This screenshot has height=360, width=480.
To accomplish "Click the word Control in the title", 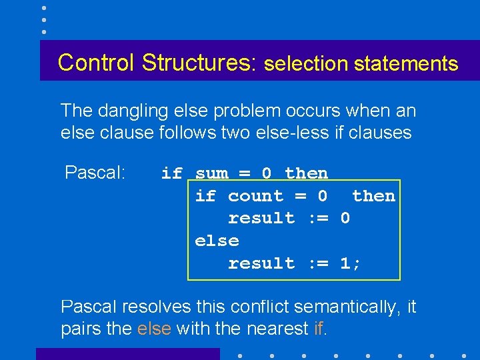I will (x=96, y=62).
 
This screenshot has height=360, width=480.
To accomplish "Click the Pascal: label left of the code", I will (x=95, y=173).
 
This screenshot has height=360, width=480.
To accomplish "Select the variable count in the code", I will (x=255, y=196).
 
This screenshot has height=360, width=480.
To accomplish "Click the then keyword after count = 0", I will (x=373, y=196).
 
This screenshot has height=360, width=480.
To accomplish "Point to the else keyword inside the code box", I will (x=217, y=241).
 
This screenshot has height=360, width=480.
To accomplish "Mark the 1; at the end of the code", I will (x=351, y=263).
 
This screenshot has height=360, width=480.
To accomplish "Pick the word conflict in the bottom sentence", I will (x=260, y=307).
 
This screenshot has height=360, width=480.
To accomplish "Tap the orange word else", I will (x=154, y=329).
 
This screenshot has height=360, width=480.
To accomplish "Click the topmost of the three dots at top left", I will (x=44, y=8).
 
